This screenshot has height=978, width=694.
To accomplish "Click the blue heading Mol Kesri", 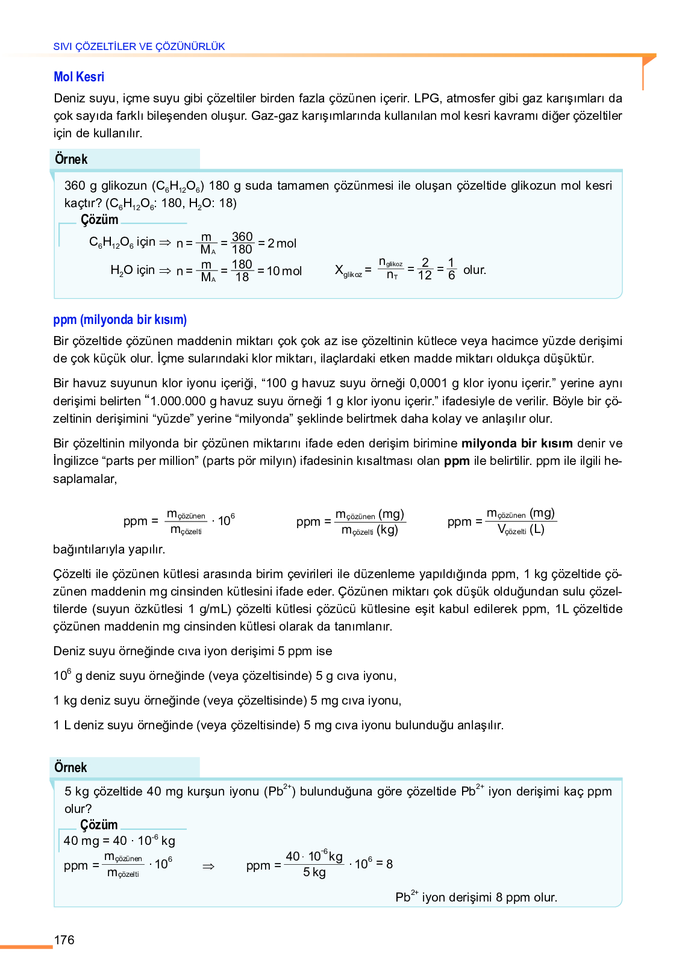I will [x=79, y=77].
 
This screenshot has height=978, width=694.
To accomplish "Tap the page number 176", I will [x=64, y=940].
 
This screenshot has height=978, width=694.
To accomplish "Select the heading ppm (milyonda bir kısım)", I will [x=120, y=320].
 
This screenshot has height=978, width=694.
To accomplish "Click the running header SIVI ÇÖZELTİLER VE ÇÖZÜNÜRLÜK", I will [x=139, y=46].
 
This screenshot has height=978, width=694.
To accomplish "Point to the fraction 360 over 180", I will [x=242, y=243].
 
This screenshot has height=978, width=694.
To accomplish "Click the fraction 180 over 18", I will [x=242, y=271].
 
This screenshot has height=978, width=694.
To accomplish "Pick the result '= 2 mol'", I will [x=278, y=243].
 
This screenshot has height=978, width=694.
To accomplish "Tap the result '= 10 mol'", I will [x=280, y=271].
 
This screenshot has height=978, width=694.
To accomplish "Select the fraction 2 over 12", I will [x=425, y=269].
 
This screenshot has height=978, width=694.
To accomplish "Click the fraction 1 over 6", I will [x=451, y=269].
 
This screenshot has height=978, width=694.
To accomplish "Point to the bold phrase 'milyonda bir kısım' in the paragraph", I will [x=517, y=444].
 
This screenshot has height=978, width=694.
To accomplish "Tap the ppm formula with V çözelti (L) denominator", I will [x=502, y=522].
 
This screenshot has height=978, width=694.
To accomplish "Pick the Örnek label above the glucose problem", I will [x=71, y=160].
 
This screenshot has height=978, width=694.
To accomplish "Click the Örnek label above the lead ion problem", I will [x=70, y=768].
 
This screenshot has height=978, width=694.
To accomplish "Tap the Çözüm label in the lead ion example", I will [x=99, y=825].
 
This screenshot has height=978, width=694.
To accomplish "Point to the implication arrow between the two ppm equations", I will [x=208, y=867].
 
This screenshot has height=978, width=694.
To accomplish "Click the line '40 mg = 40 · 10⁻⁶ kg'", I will [x=119, y=841].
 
